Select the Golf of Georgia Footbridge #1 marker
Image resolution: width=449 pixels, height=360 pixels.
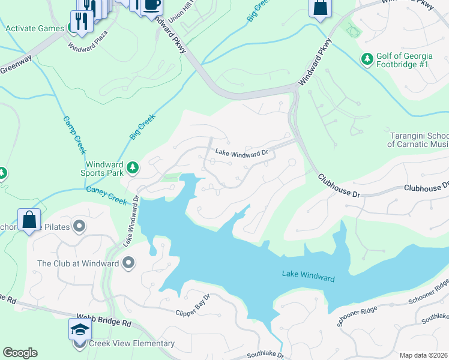(x=367, y=59)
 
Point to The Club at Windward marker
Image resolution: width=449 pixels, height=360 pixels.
(x=128, y=263)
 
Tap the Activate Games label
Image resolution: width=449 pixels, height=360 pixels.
(x=34, y=28)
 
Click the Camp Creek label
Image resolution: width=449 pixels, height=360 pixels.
(x=71, y=134)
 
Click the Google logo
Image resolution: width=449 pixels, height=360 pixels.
(x=20, y=353)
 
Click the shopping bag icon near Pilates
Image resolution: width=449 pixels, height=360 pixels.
(x=29, y=220)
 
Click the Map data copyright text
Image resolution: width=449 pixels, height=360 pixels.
(x=423, y=355)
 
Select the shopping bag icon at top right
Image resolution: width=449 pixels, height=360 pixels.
(x=320, y=8)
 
